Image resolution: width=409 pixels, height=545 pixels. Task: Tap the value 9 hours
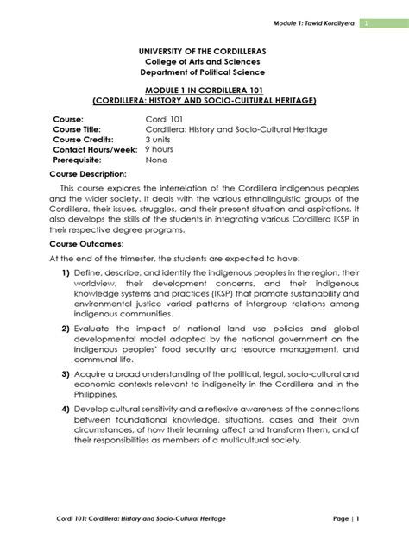pos(160,149)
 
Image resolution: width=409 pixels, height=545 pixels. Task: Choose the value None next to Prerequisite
pos(156,160)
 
